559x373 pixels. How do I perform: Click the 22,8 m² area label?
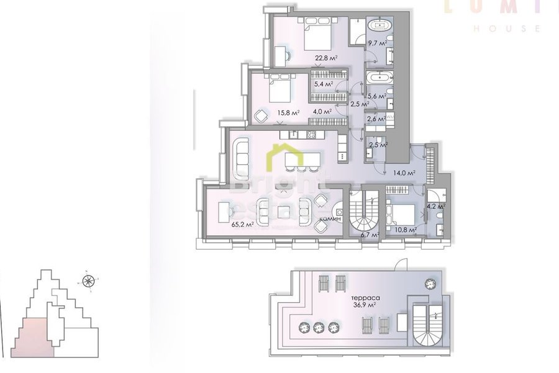[325, 58]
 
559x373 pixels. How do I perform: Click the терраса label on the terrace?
[364, 297]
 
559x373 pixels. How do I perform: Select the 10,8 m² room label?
[405, 229]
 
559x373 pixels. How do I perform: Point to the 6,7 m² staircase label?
[370, 235]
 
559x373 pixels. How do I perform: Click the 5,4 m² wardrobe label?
[323, 84]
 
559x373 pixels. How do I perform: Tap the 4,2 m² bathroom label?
[435, 207]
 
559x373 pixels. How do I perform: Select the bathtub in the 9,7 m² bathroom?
[378, 26]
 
